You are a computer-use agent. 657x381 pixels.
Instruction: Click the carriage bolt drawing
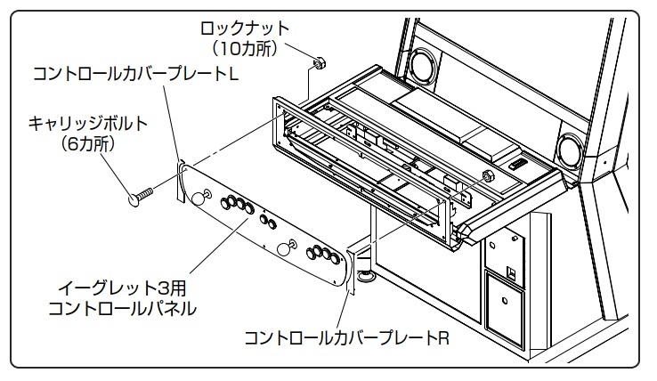click(x=143, y=193)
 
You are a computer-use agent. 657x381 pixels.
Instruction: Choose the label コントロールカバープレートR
click(x=347, y=338)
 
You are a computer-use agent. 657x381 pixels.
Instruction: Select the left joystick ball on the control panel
click(x=204, y=198)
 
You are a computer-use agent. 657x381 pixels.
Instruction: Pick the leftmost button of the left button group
click(x=224, y=204)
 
